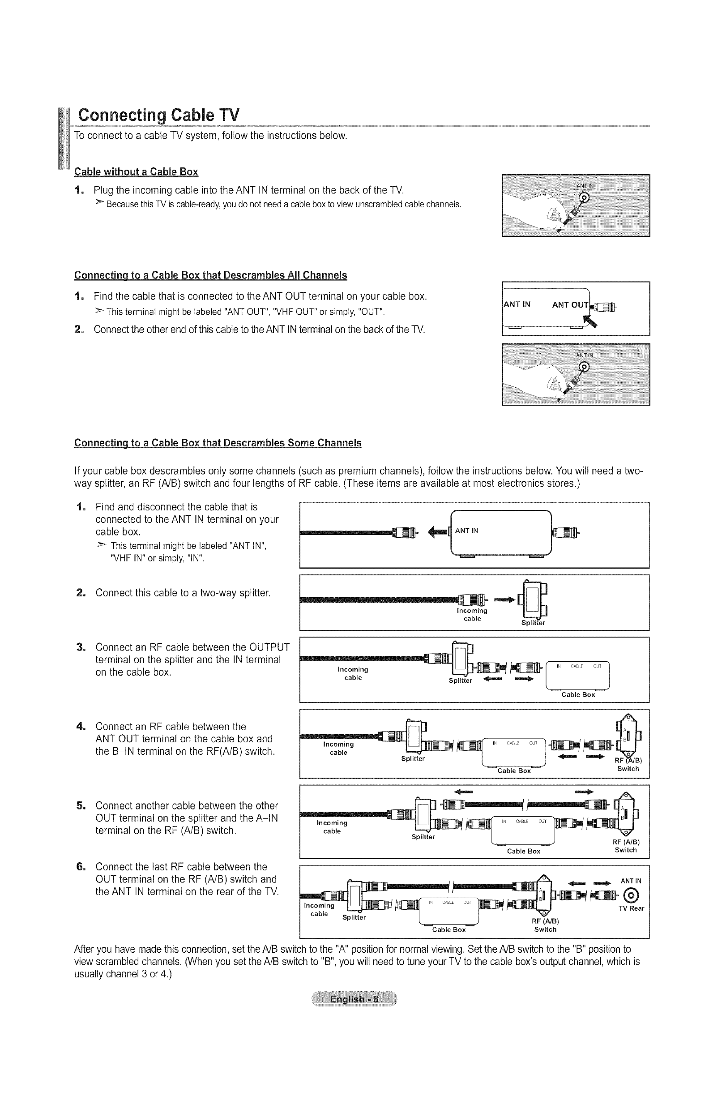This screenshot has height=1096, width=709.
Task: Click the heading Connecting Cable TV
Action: (x=158, y=115)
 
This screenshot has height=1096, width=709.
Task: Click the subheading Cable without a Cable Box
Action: (x=136, y=172)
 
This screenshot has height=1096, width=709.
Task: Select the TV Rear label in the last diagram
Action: (x=631, y=908)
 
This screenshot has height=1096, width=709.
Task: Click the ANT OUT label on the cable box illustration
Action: (x=570, y=304)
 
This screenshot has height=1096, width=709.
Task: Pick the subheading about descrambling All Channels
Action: (x=210, y=275)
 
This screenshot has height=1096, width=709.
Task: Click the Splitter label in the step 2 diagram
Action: (x=533, y=623)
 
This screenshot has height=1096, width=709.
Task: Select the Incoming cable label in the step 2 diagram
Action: (x=472, y=614)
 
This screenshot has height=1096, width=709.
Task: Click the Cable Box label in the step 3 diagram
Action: (x=578, y=694)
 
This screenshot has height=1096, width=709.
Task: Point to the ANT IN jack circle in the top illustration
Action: (x=584, y=197)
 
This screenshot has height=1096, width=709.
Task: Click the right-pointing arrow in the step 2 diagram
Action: (x=504, y=600)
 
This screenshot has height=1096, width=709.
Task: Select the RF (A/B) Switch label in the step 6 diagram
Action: (x=545, y=925)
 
